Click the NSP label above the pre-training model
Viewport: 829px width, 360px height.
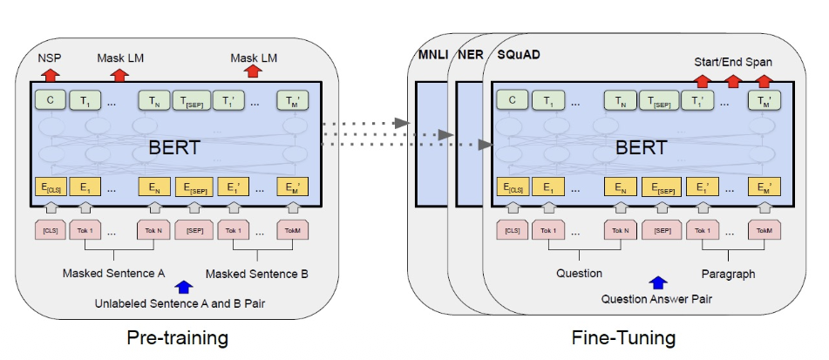point(49,58)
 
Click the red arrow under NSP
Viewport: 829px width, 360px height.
point(49,72)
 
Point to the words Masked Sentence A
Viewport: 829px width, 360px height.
point(113,273)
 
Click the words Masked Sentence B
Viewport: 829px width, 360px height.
point(257,274)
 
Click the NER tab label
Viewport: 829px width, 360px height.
point(471,55)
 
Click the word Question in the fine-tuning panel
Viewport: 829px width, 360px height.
point(579,273)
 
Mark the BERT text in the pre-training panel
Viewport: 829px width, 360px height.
point(174,146)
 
